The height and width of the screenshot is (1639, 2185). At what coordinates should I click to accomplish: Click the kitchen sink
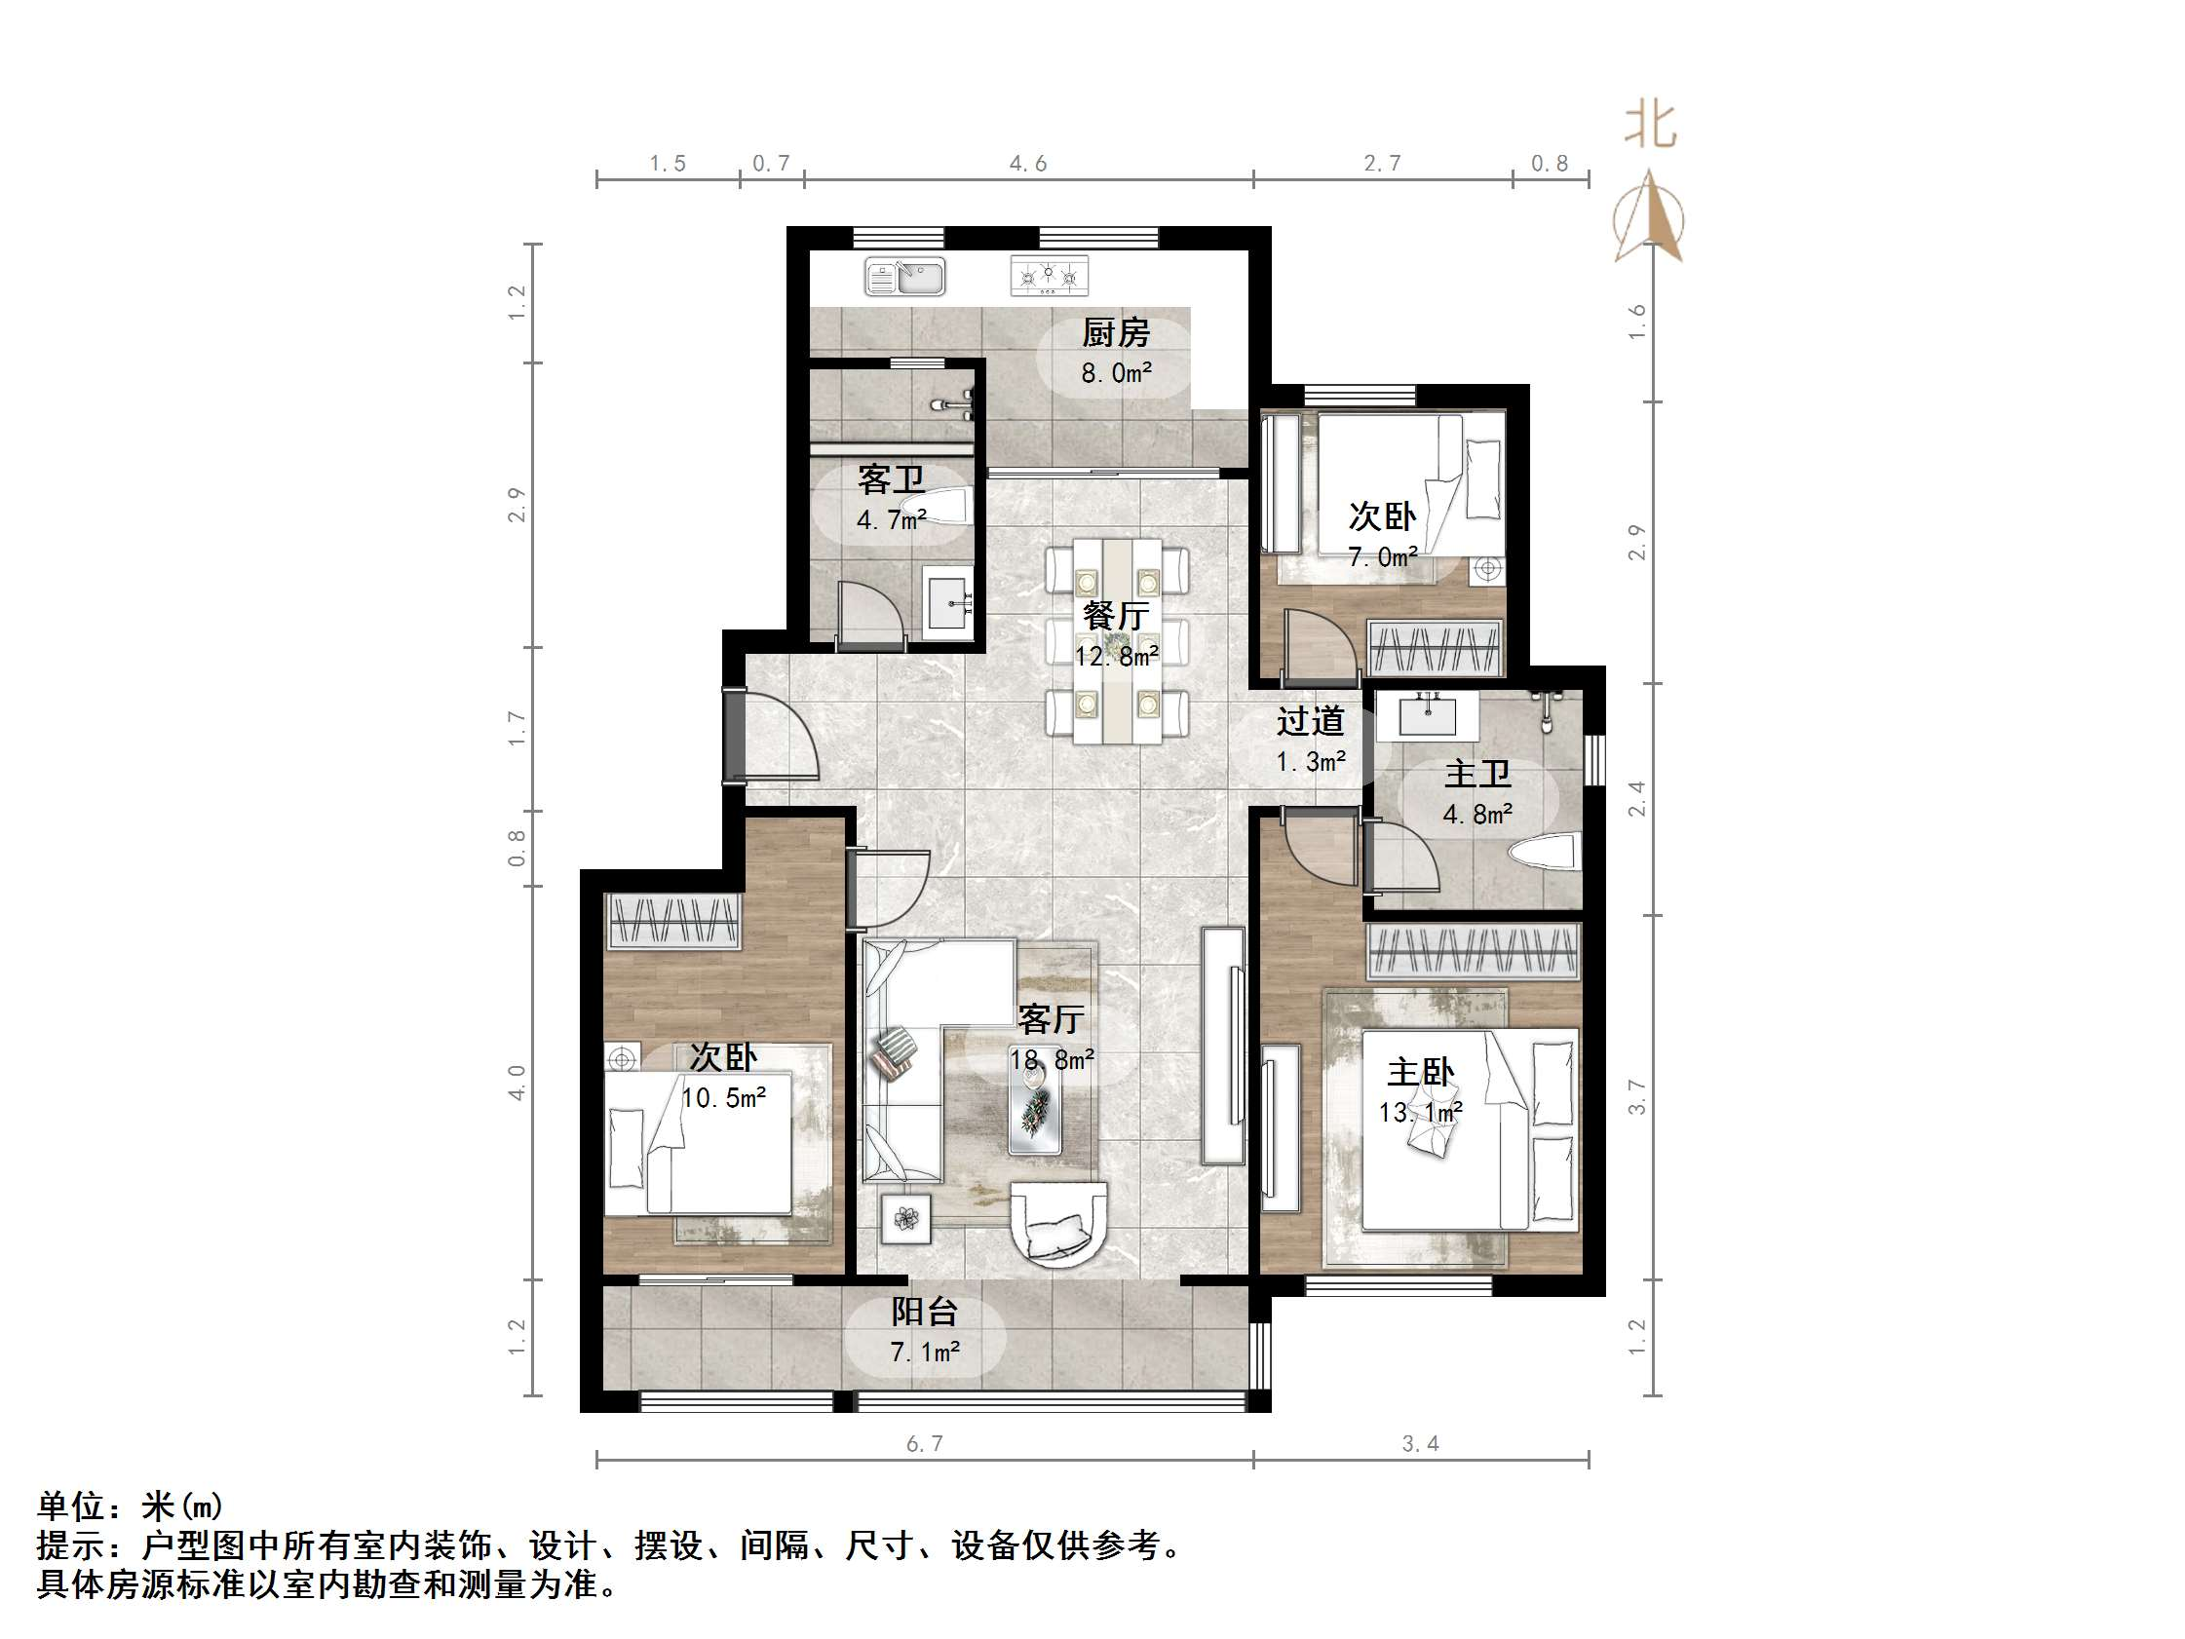[904, 277]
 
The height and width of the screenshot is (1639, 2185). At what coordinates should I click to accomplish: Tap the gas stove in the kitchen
[1049, 276]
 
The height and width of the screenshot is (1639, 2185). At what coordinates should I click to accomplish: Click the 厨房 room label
[1115, 333]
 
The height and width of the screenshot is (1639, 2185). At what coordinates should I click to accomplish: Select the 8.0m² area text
[1115, 373]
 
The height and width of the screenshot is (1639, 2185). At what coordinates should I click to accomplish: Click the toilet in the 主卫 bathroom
[1547, 853]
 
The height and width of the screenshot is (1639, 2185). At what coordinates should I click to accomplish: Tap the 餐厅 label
[1115, 616]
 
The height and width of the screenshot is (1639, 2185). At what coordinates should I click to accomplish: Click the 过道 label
[1310, 721]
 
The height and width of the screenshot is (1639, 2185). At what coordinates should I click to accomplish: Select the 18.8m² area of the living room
[1051, 1060]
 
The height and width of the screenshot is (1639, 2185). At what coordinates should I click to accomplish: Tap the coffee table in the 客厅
[1035, 1112]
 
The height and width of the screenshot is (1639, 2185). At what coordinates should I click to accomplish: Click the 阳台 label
[925, 1312]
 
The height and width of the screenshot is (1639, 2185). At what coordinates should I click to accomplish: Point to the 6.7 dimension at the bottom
[925, 1444]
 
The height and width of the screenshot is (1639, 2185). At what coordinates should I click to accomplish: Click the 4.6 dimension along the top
[1027, 164]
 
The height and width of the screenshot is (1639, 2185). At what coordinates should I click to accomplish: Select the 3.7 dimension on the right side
[1636, 1097]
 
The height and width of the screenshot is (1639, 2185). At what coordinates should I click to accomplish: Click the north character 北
[1651, 126]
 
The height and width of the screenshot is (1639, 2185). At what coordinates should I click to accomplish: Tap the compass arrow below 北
[1648, 216]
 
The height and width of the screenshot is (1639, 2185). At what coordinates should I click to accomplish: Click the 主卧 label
[1421, 1072]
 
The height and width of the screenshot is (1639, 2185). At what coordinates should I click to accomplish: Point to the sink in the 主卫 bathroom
[1427, 715]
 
